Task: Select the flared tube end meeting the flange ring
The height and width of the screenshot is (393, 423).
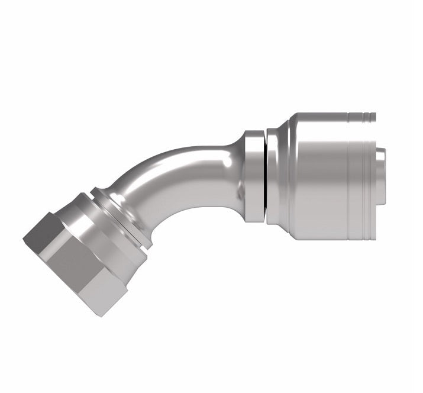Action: pos(234,172)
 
